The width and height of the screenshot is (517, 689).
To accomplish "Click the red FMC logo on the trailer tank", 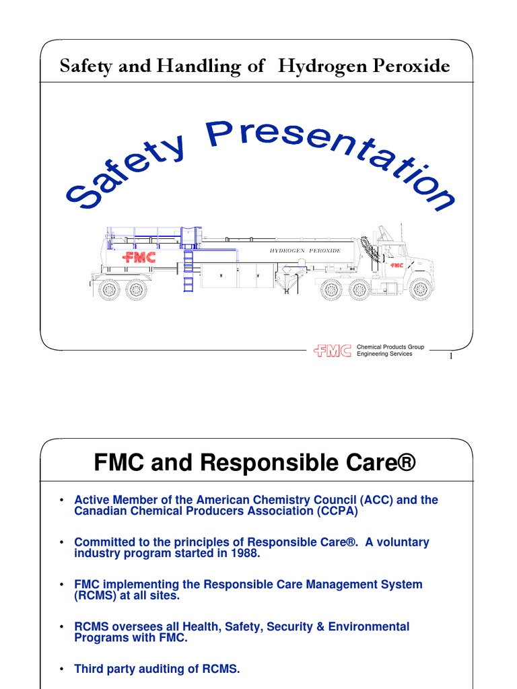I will (x=139, y=258).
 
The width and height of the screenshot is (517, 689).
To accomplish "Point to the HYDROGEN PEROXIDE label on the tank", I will (x=305, y=250).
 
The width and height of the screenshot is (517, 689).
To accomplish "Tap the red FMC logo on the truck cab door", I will (x=397, y=265).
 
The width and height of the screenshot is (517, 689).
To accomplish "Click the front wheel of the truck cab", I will (x=420, y=289).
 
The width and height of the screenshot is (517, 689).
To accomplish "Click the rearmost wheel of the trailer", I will (x=108, y=289).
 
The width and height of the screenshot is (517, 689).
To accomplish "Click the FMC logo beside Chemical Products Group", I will (x=333, y=351).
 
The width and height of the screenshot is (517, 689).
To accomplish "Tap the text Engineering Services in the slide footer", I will (x=384, y=354).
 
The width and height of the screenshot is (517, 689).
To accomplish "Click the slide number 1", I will (x=450, y=357).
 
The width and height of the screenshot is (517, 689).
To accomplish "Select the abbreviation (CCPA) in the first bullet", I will (x=335, y=511).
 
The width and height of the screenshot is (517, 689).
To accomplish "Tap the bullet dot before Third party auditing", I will (x=61, y=669).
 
